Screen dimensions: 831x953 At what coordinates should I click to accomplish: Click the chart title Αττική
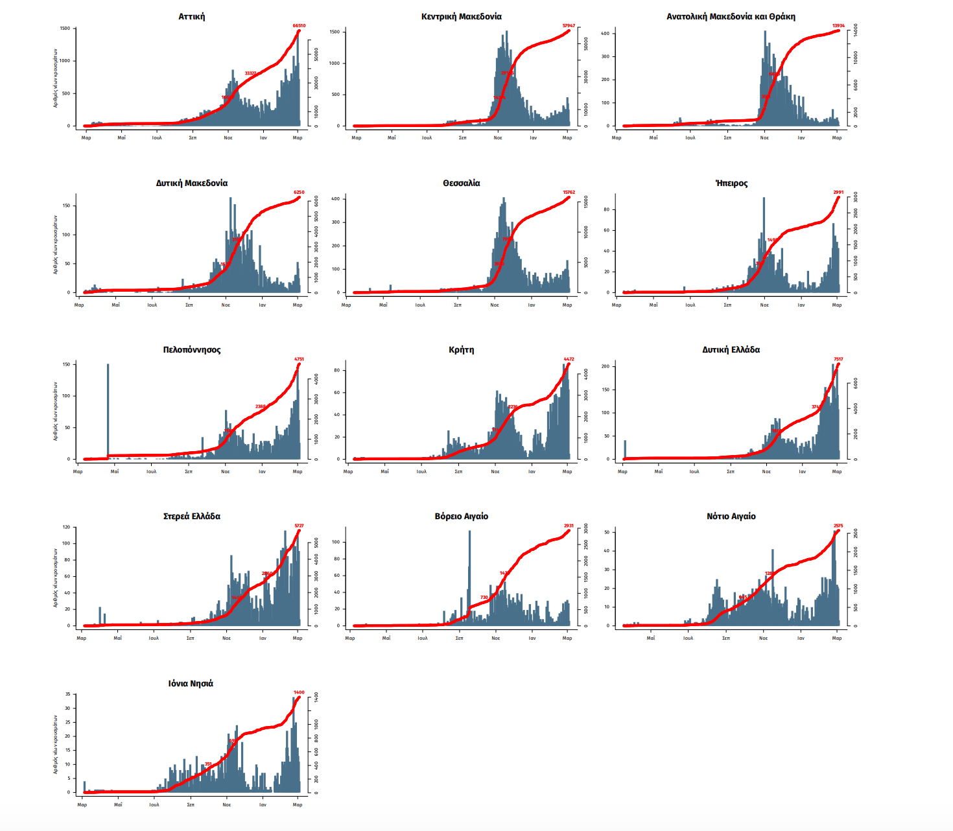(x=191, y=17)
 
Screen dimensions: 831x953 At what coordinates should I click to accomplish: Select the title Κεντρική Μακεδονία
(x=461, y=17)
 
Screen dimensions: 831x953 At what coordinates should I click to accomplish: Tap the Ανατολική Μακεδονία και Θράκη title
(x=731, y=17)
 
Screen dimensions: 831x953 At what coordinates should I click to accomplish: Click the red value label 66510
(x=299, y=26)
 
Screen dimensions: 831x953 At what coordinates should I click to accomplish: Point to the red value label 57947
(x=569, y=26)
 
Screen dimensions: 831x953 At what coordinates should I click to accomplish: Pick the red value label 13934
(x=838, y=26)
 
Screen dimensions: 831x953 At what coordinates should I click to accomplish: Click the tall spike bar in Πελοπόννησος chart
(x=108, y=410)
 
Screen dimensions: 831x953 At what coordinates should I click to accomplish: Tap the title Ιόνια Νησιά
(x=191, y=684)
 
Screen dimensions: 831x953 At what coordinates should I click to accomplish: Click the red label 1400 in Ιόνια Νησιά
(x=299, y=692)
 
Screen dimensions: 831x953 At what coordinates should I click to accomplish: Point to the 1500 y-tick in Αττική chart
(x=65, y=29)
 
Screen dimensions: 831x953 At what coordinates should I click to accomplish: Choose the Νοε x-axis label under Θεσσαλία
(x=495, y=305)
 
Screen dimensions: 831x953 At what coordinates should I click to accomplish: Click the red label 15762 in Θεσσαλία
(x=569, y=193)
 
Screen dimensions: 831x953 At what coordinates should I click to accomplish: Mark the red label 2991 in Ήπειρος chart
(x=838, y=193)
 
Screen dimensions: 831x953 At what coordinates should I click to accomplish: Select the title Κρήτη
(x=461, y=350)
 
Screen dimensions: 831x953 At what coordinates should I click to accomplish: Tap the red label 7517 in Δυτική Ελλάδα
(x=838, y=359)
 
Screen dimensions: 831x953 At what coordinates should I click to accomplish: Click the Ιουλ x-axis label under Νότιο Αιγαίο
(x=688, y=638)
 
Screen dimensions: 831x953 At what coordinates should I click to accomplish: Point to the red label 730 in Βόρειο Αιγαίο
(x=484, y=598)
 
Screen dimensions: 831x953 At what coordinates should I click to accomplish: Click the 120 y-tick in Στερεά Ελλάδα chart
(x=66, y=527)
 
